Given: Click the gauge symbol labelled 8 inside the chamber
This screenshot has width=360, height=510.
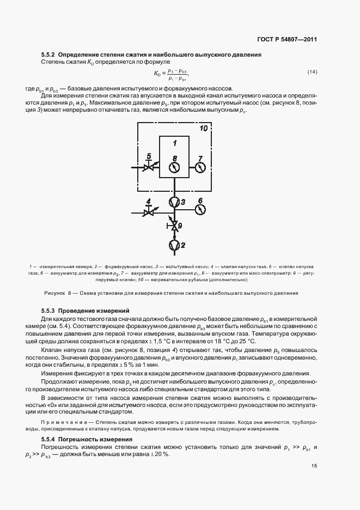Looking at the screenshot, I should [x=174, y=168].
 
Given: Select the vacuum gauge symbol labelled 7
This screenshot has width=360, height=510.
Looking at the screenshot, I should [x=200, y=168].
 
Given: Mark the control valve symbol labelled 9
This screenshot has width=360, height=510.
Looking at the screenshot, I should [x=174, y=225].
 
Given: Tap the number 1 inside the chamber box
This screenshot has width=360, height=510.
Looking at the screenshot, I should [x=174, y=143].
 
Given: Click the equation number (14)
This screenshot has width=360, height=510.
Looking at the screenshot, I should [x=312, y=72].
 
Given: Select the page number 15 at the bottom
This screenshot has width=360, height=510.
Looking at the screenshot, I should [x=314, y=465].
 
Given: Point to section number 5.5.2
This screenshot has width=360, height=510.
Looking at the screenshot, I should [x=48, y=54].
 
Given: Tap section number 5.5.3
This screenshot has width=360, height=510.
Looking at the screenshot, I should [x=48, y=311].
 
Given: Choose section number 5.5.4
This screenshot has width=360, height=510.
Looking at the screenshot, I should [x=48, y=439].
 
